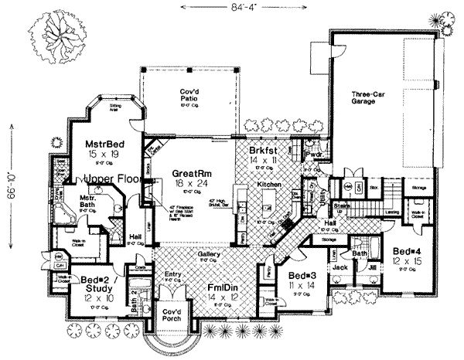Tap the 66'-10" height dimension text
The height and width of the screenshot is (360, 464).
[x=9, y=182]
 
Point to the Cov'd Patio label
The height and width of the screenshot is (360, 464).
[x=186, y=96]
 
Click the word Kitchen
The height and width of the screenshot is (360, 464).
[x=268, y=185]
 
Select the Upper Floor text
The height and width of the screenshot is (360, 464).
[x=113, y=179]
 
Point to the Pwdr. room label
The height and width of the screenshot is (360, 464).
[x=313, y=154]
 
